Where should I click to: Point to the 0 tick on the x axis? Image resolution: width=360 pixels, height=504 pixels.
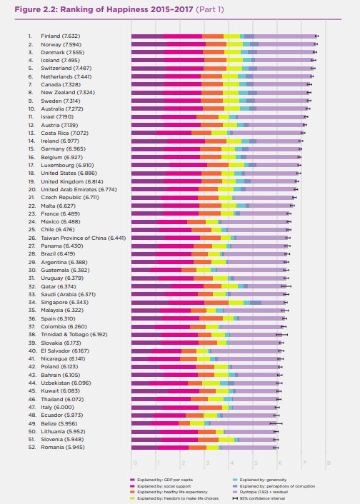(132, 463)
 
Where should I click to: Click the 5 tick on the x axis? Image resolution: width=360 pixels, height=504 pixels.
(255, 463)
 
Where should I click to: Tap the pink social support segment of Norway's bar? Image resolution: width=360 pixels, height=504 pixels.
(185, 44)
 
